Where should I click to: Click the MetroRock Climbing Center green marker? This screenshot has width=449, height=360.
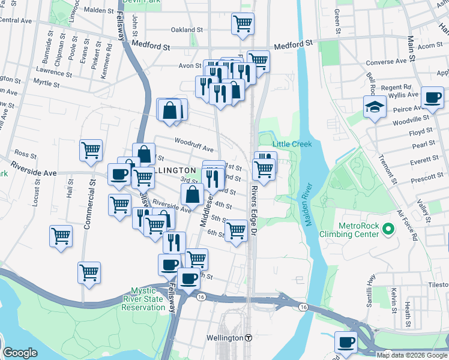tap(388, 229)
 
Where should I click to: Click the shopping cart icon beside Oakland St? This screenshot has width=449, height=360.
tap(243, 24)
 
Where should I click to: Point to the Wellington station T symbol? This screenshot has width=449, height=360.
tap(248, 338)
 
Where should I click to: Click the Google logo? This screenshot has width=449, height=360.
tap(20, 353)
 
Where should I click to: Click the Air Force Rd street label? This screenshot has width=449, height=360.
tap(408, 225)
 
